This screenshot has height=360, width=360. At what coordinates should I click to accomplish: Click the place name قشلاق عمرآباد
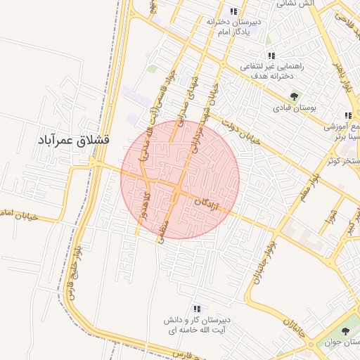73,139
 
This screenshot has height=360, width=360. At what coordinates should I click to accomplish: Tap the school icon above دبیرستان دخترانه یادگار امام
233,11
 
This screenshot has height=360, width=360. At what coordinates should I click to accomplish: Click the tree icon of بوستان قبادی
294,96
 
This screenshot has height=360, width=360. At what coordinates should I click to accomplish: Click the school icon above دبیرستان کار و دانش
197,309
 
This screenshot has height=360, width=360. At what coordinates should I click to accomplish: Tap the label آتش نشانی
299,4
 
